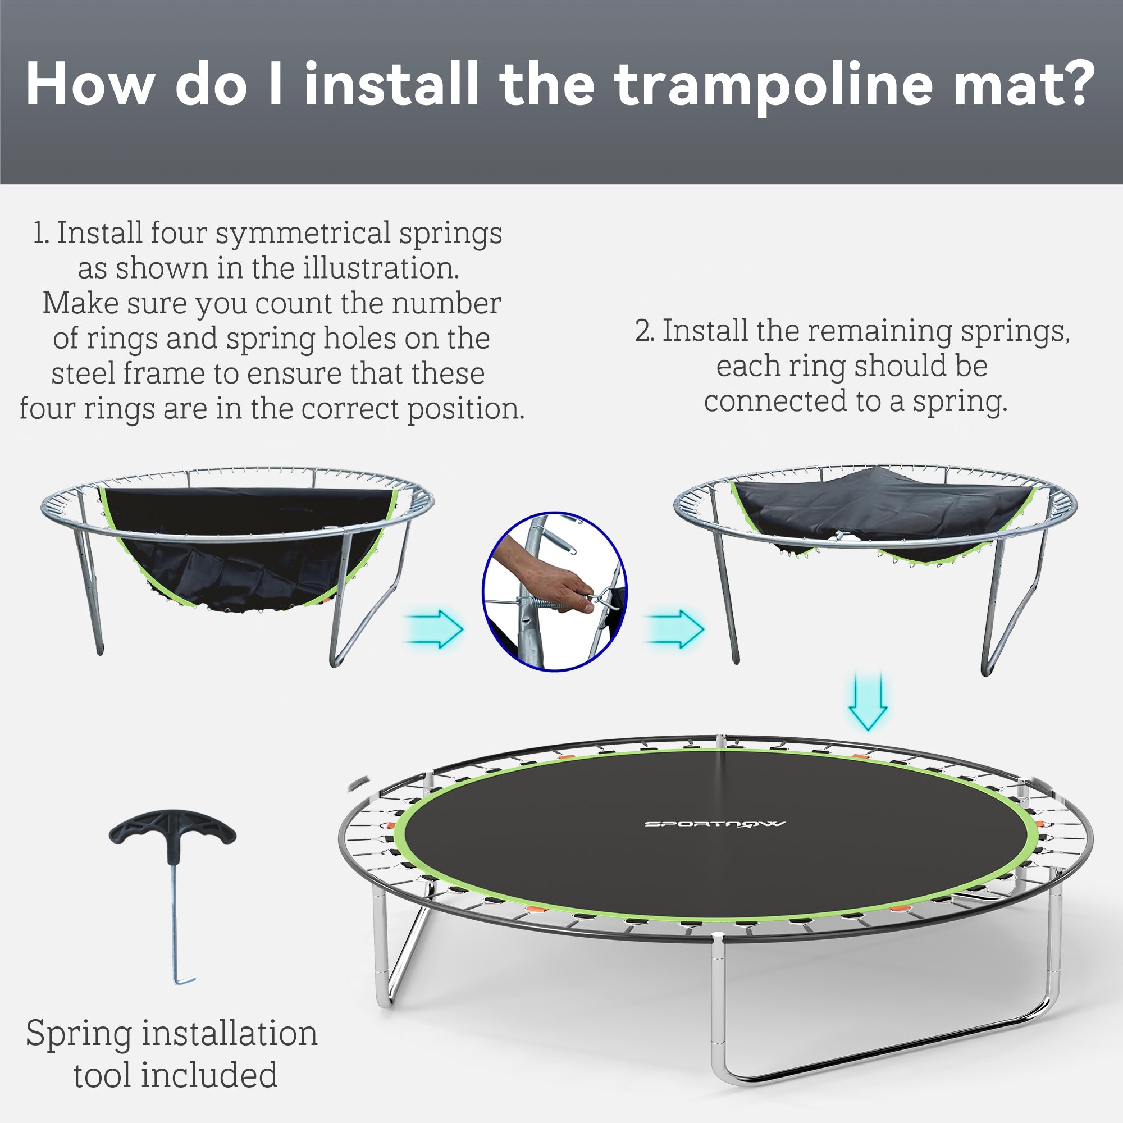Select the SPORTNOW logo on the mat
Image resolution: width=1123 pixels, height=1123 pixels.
tap(715, 824)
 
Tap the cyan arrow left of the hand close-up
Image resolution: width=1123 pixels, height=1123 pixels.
tap(434, 628)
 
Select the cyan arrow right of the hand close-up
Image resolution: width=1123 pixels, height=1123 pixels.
tap(675, 628)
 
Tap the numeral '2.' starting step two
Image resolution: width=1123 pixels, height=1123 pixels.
tap(645, 332)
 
